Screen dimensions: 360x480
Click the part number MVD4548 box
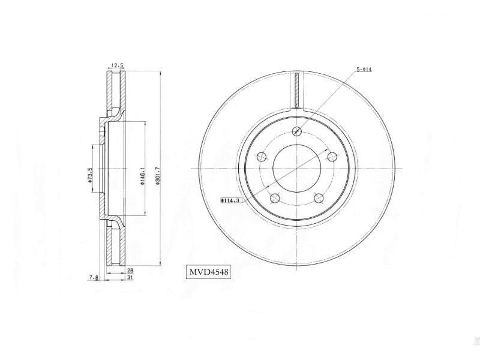tap(209, 272)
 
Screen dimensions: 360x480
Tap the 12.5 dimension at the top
tap(117, 65)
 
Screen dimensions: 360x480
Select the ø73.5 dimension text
tap(90, 175)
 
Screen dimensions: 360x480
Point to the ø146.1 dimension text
tap(143, 175)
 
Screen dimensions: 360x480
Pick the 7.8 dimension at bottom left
tap(94, 277)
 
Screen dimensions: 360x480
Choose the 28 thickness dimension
tap(130, 271)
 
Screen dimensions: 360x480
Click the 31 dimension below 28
tap(130, 277)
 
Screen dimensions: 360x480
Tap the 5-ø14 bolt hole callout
tap(365, 70)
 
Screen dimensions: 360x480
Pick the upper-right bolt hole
tap(332, 157)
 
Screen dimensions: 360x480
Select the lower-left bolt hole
tap(275, 199)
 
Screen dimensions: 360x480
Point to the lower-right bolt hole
tap(319, 199)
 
